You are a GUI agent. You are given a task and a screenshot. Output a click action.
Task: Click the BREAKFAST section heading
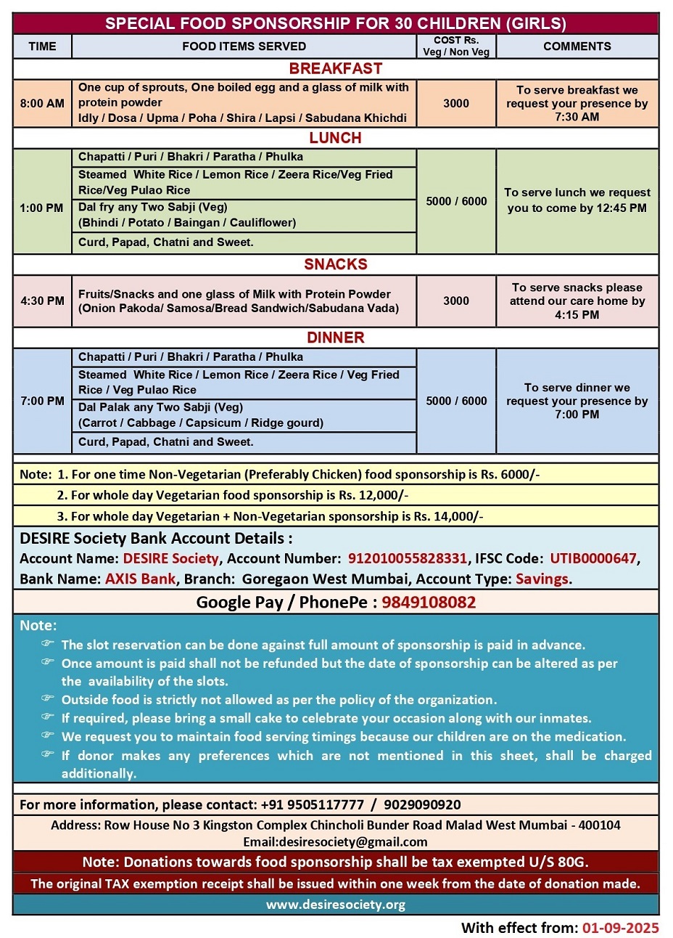335,68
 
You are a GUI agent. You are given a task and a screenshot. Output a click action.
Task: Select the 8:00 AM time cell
42,103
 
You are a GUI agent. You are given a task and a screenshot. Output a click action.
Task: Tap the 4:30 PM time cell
42,301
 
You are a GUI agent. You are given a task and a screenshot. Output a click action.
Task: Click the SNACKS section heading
335,264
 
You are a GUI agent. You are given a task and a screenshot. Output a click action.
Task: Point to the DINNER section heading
335,338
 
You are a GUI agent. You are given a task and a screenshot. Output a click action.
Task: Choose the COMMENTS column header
577,46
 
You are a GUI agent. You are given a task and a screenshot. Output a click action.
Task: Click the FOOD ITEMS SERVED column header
244,46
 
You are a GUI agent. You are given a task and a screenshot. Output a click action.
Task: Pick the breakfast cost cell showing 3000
456,103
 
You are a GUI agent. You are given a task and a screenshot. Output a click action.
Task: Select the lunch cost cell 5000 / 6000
456,201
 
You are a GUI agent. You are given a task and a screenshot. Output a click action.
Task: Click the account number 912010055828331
408,558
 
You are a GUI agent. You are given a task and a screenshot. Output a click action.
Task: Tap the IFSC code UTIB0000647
593,558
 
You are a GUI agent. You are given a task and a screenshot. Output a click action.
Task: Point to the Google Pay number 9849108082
429,602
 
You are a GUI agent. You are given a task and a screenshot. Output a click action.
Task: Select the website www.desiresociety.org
335,905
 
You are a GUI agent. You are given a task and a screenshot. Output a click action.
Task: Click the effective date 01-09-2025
621,928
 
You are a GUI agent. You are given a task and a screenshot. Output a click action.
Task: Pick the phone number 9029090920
422,804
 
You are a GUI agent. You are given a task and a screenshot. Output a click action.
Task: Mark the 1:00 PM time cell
42,208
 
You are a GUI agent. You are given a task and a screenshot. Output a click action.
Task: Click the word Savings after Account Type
542,579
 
